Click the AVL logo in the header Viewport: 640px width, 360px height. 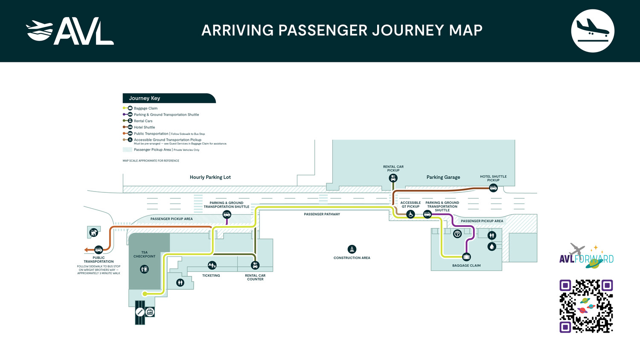70,31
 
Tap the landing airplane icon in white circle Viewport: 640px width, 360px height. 592,31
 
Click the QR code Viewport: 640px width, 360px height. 586,306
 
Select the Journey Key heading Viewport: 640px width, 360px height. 145,98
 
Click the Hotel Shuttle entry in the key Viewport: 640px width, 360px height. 144,127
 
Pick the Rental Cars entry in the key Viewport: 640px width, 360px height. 143,121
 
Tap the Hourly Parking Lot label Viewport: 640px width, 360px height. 210,177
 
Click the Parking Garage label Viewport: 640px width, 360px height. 443,177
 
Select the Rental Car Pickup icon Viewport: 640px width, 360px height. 393,178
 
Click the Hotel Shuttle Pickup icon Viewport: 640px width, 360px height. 493,188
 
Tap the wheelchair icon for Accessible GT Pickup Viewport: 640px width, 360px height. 410,215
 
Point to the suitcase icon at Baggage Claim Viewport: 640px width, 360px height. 466,257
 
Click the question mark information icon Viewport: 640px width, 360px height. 457,234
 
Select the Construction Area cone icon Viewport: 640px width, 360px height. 352,249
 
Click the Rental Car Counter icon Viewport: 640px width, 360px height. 255,266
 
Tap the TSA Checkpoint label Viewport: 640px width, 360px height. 144,254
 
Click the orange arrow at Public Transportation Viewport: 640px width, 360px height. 87,250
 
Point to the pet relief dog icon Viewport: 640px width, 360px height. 93,232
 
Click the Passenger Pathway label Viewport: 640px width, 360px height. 322,214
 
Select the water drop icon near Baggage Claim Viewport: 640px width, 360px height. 492,247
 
